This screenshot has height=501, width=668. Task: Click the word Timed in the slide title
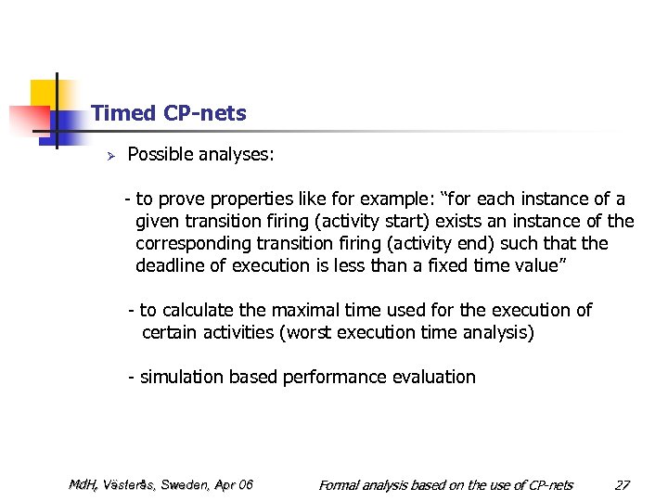pyautogui.click(x=123, y=113)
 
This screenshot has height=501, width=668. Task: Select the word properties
pyautogui.click(x=251, y=199)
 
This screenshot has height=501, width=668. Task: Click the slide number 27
pyautogui.click(x=622, y=484)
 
